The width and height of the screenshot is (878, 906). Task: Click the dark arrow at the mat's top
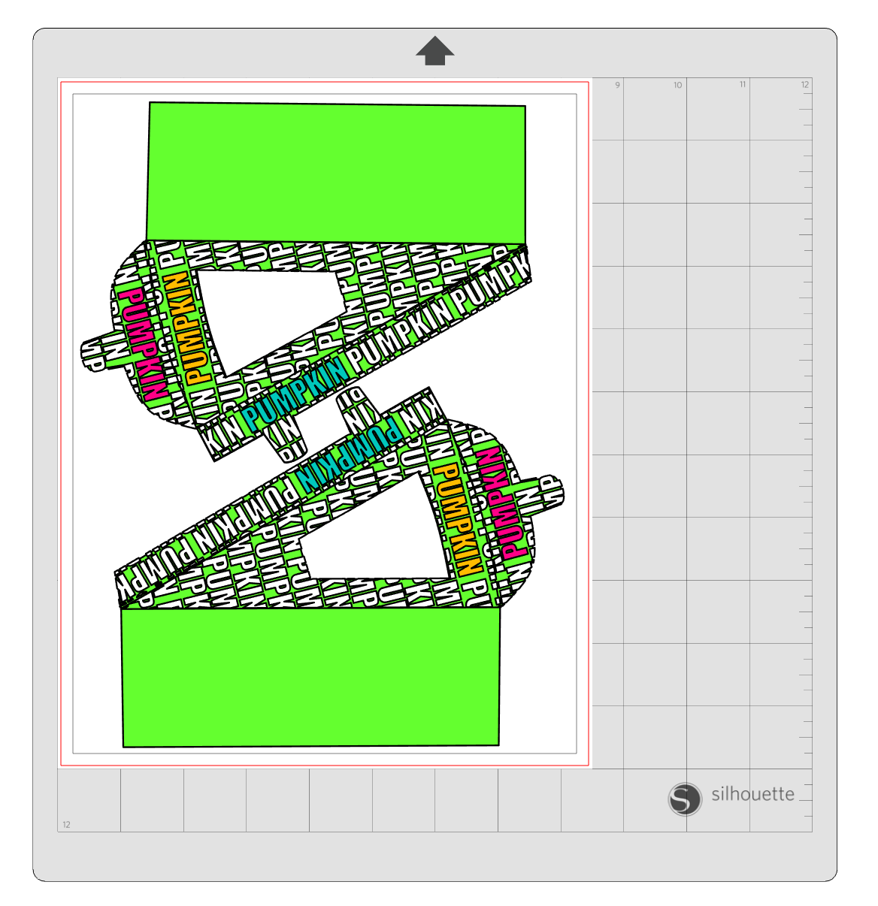434,50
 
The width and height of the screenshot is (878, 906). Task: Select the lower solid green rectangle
310,677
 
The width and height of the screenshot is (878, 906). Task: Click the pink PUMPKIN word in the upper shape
143,343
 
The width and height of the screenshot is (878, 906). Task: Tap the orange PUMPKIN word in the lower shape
457,518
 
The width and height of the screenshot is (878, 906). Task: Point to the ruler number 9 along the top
617,85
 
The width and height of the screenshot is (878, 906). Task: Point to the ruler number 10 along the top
677,85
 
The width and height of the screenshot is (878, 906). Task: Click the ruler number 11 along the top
742,85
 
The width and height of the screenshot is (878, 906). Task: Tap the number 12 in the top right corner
804,85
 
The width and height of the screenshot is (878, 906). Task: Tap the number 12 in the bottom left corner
66,824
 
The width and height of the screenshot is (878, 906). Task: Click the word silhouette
752,794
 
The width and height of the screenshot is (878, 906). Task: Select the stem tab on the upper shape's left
96,352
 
